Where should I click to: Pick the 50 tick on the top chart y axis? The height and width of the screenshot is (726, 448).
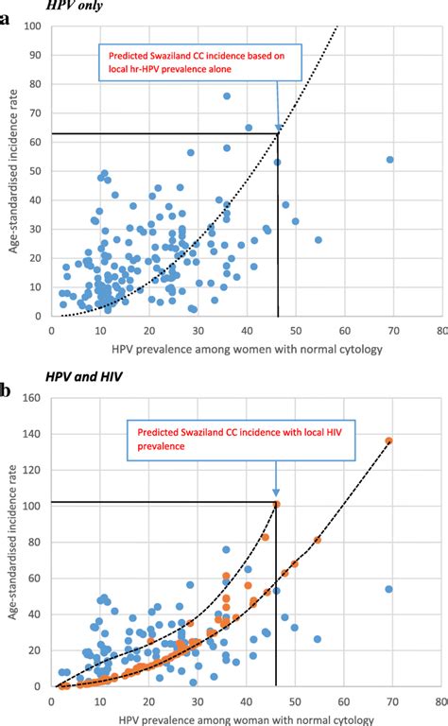[x=35, y=171]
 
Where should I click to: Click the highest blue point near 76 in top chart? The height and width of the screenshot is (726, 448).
[x=227, y=95]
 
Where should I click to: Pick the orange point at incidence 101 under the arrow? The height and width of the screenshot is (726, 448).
[x=277, y=504]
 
